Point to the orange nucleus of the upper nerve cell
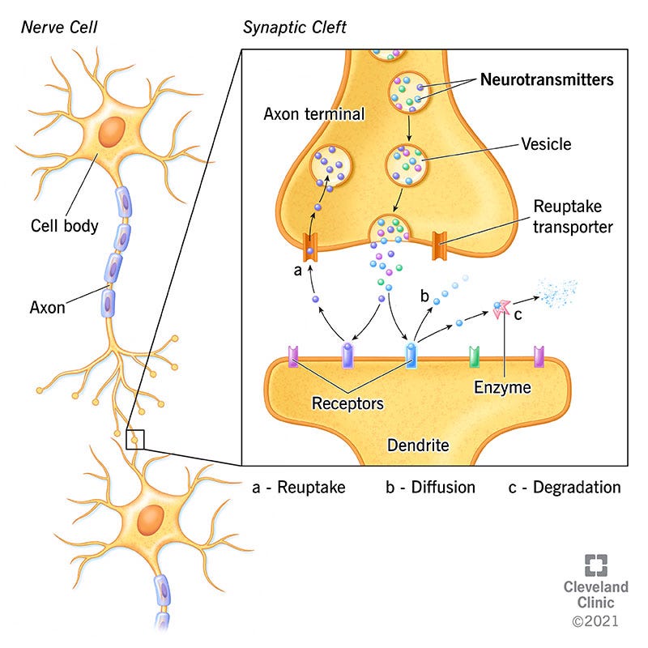tap(113, 130)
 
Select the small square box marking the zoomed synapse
tap(134, 439)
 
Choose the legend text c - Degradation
tap(565, 488)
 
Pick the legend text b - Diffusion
tap(430, 488)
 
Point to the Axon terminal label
tap(314, 114)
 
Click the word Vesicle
tap(544, 144)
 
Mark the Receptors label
tap(347, 402)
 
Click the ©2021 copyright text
tap(595, 621)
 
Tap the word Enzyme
tap(501, 387)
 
